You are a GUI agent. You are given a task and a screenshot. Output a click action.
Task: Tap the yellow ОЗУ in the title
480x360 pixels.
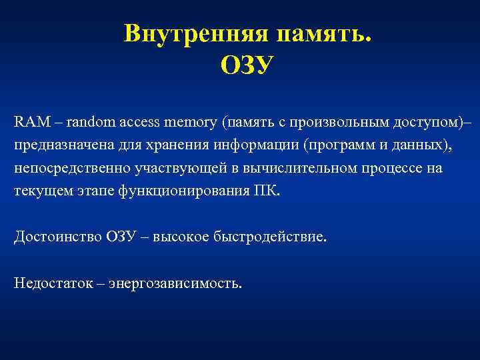pyautogui.click(x=247, y=65)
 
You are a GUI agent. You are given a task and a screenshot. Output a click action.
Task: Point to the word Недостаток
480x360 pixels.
pyautogui.click(x=51, y=283)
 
